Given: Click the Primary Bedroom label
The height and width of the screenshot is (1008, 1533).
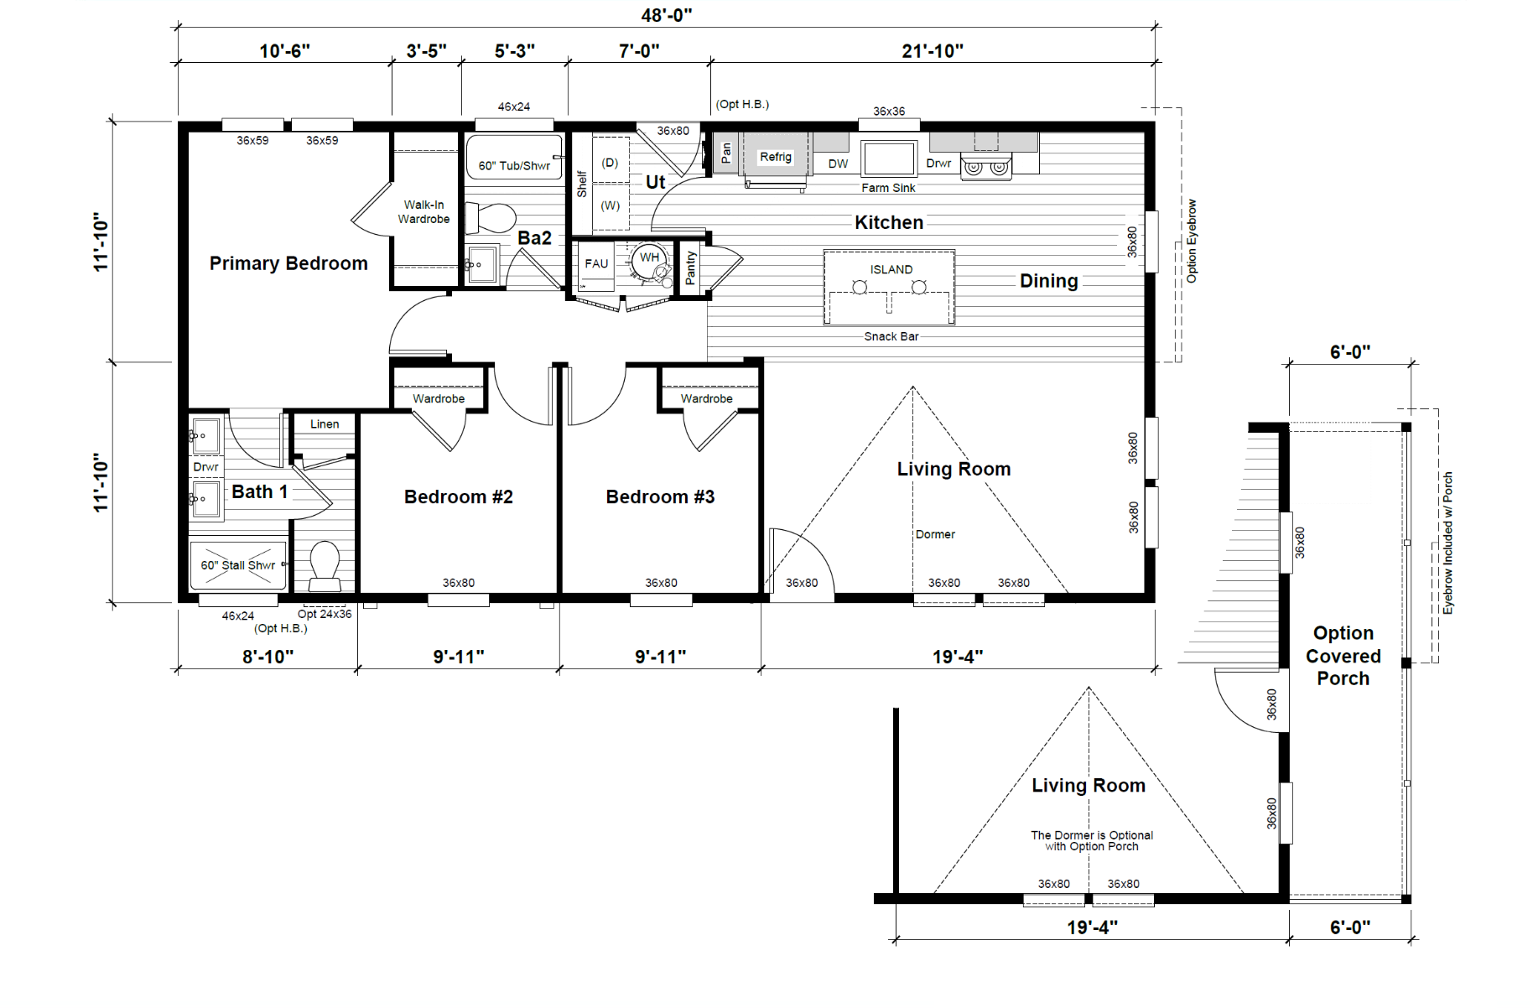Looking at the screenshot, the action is coord(288,263).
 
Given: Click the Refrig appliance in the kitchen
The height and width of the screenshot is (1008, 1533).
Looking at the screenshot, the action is coord(776,158).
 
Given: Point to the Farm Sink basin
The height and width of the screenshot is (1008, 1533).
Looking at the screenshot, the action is coord(889,158).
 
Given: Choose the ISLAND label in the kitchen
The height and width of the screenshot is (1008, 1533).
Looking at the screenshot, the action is coord(891,269).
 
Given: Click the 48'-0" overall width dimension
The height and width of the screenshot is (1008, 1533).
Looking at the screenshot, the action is coord(667,15).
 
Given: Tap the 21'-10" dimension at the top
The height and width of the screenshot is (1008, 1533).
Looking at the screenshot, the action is coord(933,51).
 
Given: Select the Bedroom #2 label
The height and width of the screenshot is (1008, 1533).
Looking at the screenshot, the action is coord(459,496).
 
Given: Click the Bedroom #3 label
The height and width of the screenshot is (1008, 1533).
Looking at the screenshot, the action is coord(660,496).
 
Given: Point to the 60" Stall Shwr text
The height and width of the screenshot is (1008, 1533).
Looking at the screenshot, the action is coord(238,565).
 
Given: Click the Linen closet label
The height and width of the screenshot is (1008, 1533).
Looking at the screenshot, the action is coord(325,424).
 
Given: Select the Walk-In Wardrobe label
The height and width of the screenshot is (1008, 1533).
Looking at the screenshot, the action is coord(424,211).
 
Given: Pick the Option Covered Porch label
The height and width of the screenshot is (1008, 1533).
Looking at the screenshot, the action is coord(1343,656).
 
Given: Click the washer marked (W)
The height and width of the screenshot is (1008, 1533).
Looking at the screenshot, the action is coord(611,206).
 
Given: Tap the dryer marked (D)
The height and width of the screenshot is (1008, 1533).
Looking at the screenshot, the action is coord(611,163).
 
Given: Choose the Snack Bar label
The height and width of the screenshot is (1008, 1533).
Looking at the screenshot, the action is coord(891,336).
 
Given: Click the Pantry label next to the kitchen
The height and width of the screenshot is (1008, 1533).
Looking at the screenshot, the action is coord(690,268).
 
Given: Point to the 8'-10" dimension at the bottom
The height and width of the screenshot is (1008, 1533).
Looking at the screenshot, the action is coord(268,657).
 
